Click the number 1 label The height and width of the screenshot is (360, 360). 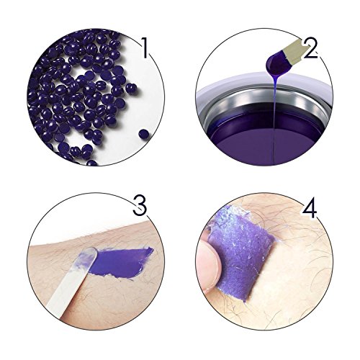pos(145,48)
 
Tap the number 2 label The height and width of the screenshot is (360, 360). pos(310,48)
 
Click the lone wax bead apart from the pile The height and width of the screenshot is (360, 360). pos(143,133)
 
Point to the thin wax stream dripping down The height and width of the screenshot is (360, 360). pos(274,120)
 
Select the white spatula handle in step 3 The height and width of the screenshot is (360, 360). pos(63,288)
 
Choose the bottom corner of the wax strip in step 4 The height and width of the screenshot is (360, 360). pos(245,302)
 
